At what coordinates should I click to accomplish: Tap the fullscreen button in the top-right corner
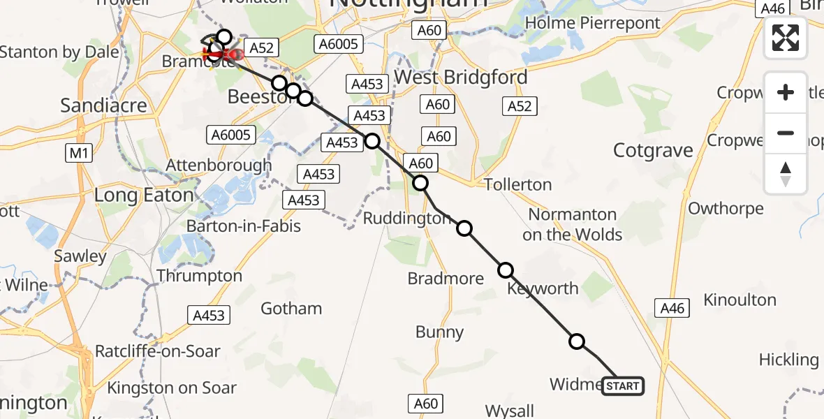[786, 38]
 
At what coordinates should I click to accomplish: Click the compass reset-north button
[786, 174]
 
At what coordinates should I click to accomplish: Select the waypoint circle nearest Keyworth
[506, 270]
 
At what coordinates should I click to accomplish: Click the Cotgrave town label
[653, 150]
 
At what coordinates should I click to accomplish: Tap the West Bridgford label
[461, 77]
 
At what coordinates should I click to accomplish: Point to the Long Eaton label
[144, 196]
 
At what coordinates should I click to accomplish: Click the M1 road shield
[78, 152]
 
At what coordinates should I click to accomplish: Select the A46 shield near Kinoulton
[672, 307]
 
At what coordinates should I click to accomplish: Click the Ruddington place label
[407, 219]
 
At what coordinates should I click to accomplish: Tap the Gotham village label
[291, 309]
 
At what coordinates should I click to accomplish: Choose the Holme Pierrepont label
[592, 23]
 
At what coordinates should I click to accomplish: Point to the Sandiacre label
[103, 105]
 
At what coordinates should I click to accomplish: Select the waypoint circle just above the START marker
[577, 341]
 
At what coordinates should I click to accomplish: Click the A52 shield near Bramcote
[262, 48]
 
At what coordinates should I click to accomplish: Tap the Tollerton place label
[517, 185]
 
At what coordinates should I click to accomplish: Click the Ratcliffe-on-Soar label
[158, 351]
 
